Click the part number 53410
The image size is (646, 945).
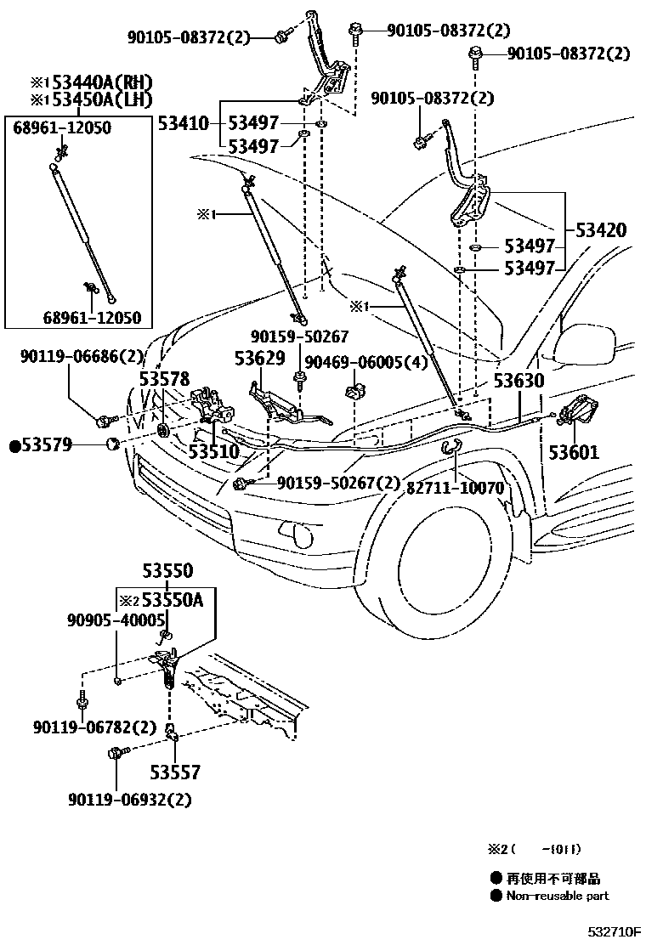click(x=184, y=124)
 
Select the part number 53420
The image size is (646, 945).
click(x=601, y=230)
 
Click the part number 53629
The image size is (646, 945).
click(x=260, y=359)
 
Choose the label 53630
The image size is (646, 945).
click(x=518, y=381)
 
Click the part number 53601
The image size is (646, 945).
click(x=574, y=451)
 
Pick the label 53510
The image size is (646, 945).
click(x=214, y=450)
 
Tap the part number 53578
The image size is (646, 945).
click(x=165, y=379)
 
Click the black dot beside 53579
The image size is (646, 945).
click(x=15, y=446)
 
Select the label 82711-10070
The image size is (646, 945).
click(x=455, y=488)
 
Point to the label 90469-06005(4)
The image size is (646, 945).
click(x=366, y=362)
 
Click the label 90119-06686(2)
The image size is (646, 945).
click(x=82, y=357)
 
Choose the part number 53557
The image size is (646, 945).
click(x=175, y=772)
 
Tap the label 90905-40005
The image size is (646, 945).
click(x=116, y=620)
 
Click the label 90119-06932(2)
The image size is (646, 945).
click(x=129, y=800)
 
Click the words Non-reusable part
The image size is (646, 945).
click(x=558, y=896)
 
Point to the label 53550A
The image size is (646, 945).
click(x=173, y=600)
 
